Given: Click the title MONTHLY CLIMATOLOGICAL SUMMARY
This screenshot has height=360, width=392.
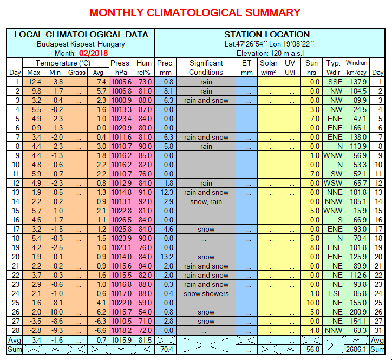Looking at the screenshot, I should pyautogui.click(x=195, y=12).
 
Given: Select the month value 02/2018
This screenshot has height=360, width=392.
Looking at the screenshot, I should pyautogui.click(x=93, y=53).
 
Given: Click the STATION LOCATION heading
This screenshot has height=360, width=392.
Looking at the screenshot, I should pyautogui.click(x=267, y=35).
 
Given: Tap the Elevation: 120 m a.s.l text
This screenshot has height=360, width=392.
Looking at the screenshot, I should pyautogui.click(x=269, y=53).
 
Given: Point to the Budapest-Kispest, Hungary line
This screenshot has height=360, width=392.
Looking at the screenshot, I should pyautogui.click(x=81, y=44).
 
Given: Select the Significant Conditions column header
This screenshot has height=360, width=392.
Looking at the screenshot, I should pyautogui.click(x=206, y=67).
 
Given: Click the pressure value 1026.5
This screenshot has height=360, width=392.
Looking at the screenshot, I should pyautogui.click(x=121, y=220).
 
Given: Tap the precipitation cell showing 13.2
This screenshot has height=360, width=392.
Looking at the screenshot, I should pyautogui.click(x=165, y=257).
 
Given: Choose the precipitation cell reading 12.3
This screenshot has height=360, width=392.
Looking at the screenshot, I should pyautogui.click(x=165, y=193).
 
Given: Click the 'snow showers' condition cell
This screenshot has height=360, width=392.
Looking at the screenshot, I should pyautogui.click(x=206, y=294).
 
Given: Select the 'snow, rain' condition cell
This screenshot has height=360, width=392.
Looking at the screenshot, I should pyautogui.click(x=206, y=202).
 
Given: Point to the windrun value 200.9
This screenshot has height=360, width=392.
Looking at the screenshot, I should pyautogui.click(x=357, y=312).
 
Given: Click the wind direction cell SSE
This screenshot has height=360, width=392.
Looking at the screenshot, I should pyautogui.click(x=334, y=82).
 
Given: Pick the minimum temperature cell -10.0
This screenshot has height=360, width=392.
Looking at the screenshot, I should pyautogui.click(x=55, y=312).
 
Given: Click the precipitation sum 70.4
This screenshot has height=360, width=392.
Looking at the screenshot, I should pyautogui.click(x=165, y=350).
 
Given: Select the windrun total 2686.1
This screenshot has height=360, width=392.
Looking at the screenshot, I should pyautogui.click(x=357, y=350).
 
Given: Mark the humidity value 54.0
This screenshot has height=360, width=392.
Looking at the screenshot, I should pyautogui.click(x=145, y=312).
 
